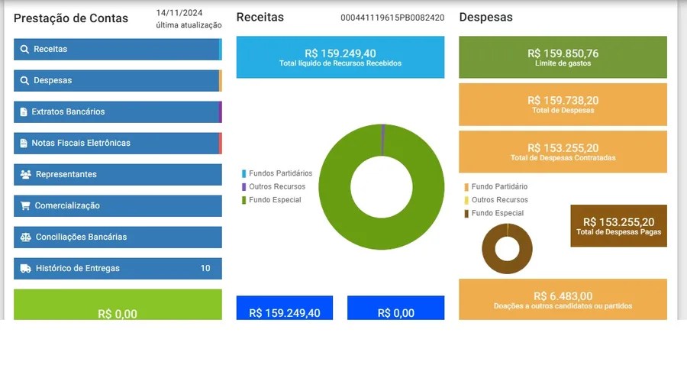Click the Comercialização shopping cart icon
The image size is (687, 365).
(25, 206)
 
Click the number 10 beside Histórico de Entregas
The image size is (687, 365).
(205, 269)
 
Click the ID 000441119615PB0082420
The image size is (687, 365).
(392, 18)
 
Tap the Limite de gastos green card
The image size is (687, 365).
(563, 57)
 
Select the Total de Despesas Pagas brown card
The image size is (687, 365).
(618, 225)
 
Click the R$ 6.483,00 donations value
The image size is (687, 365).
(563, 296)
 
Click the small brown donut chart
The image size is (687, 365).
(507, 249)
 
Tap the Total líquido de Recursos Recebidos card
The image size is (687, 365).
(340, 57)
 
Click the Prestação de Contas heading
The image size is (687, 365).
(71, 18)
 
